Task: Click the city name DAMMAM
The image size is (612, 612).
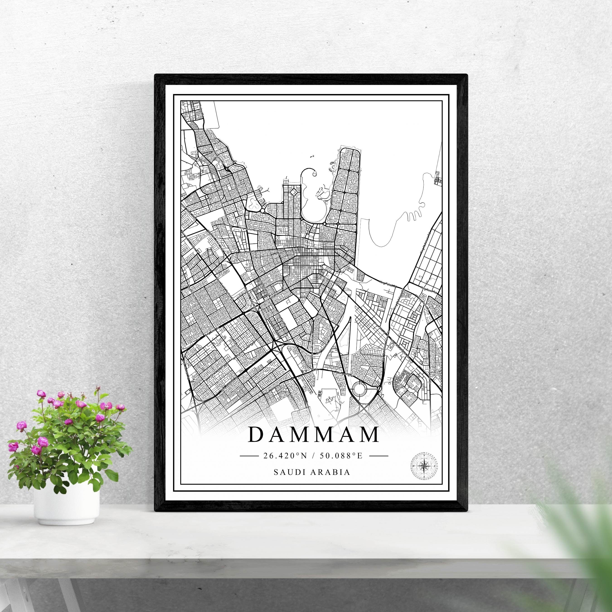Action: pyautogui.click(x=314, y=435)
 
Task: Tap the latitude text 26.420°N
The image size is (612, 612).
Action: pyautogui.click(x=285, y=456)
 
